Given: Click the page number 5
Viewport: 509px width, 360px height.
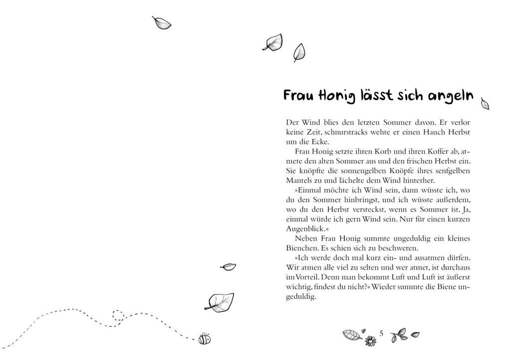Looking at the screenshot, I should pos(381,333).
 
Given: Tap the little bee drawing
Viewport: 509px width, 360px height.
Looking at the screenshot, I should pos(204,339).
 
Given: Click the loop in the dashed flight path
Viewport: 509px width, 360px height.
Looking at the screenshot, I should pos(118,316).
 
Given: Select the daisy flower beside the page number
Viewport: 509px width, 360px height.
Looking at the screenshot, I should pos(369,341).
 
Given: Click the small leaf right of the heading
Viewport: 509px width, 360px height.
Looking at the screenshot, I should pos(484,104).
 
